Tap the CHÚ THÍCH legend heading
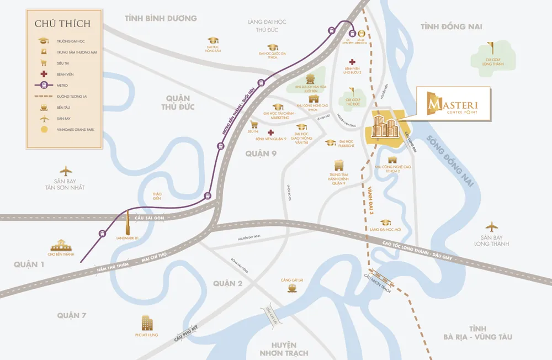click(62, 24)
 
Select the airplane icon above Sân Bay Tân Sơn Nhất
click(66, 170)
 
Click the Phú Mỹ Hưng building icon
click(147, 322)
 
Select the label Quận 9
click(261, 153)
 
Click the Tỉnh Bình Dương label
click(161, 19)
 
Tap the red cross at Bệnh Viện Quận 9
click(270, 133)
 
